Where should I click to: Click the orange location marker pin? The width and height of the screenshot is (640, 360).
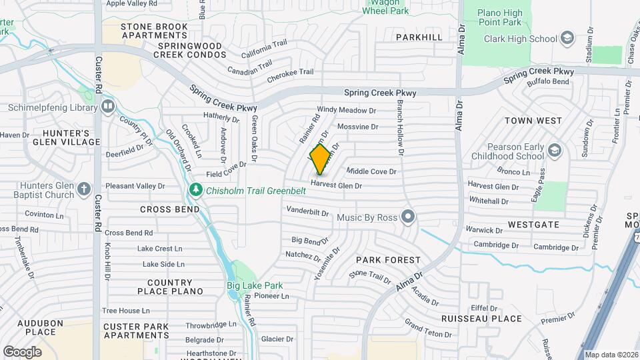(x=320, y=159)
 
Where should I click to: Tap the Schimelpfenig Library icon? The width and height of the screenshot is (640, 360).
(x=108, y=107)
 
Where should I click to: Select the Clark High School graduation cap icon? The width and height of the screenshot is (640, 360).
(x=567, y=38)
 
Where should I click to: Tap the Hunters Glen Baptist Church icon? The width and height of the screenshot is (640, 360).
(x=84, y=189)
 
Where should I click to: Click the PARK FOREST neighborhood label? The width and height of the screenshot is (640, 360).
(x=388, y=260)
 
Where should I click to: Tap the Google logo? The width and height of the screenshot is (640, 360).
(x=22, y=351)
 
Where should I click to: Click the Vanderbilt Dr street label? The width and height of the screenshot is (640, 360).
(x=307, y=211)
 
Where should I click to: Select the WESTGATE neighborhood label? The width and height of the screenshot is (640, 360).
(x=533, y=225)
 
